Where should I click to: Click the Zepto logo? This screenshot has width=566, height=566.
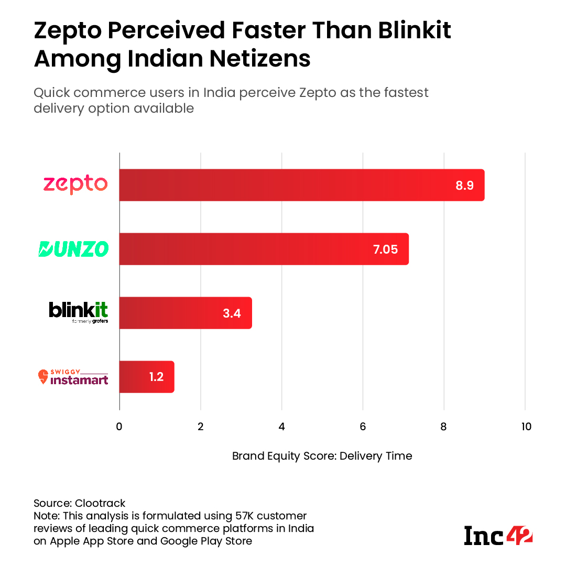click(x=75, y=184)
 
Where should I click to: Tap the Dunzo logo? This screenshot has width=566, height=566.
click(x=73, y=249)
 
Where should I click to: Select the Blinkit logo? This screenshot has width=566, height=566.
click(x=79, y=312)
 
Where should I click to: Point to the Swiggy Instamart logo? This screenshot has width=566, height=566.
click(x=73, y=377)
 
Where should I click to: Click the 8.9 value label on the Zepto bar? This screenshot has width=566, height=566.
click(x=464, y=185)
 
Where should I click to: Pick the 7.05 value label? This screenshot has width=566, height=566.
click(x=385, y=249)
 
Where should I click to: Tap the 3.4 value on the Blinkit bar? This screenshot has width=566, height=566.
click(x=232, y=313)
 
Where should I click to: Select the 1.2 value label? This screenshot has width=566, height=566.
click(x=156, y=377)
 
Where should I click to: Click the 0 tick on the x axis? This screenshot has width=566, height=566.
click(x=119, y=427)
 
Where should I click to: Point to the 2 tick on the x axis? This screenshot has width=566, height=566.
click(x=201, y=427)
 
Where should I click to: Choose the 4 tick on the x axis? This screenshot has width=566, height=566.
click(x=282, y=427)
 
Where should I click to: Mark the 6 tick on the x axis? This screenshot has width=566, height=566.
click(x=363, y=427)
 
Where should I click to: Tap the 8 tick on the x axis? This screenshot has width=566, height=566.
click(x=444, y=427)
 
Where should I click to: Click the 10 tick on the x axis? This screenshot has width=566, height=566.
click(x=525, y=427)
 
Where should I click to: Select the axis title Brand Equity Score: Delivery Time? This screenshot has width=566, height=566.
click(x=322, y=456)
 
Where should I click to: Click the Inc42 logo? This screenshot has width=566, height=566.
click(x=498, y=535)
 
